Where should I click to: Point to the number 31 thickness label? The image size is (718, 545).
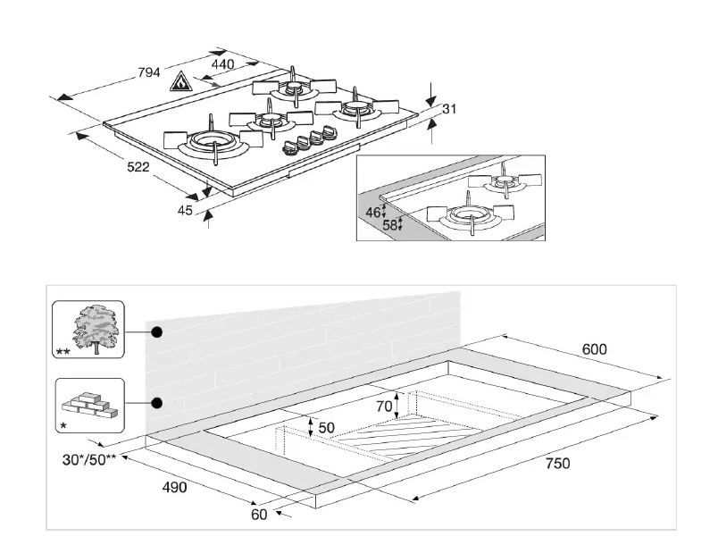[449, 109]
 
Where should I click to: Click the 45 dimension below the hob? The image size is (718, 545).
[186, 211]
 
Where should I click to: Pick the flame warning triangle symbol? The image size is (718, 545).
[179, 82]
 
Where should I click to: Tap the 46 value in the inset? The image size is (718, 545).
[374, 213]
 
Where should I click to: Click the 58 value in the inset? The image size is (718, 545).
[389, 225]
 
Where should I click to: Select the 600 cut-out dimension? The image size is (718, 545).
[595, 349]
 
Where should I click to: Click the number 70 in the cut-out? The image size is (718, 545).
[385, 407]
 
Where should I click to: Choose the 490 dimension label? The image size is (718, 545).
[174, 488]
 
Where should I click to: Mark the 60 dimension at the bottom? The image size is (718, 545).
[259, 515]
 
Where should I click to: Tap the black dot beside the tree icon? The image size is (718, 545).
[157, 331]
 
